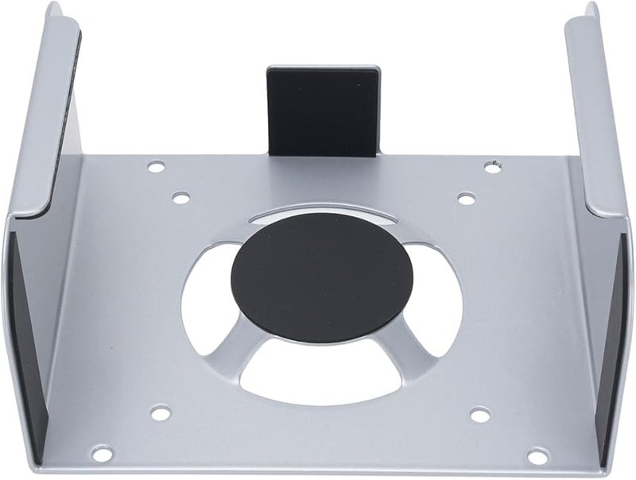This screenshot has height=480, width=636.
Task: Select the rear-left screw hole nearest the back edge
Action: [157, 167]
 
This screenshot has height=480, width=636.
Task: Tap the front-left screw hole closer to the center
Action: [160, 412]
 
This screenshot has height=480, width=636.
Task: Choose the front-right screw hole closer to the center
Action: [479, 415]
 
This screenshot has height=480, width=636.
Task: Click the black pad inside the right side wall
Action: [614, 334]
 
